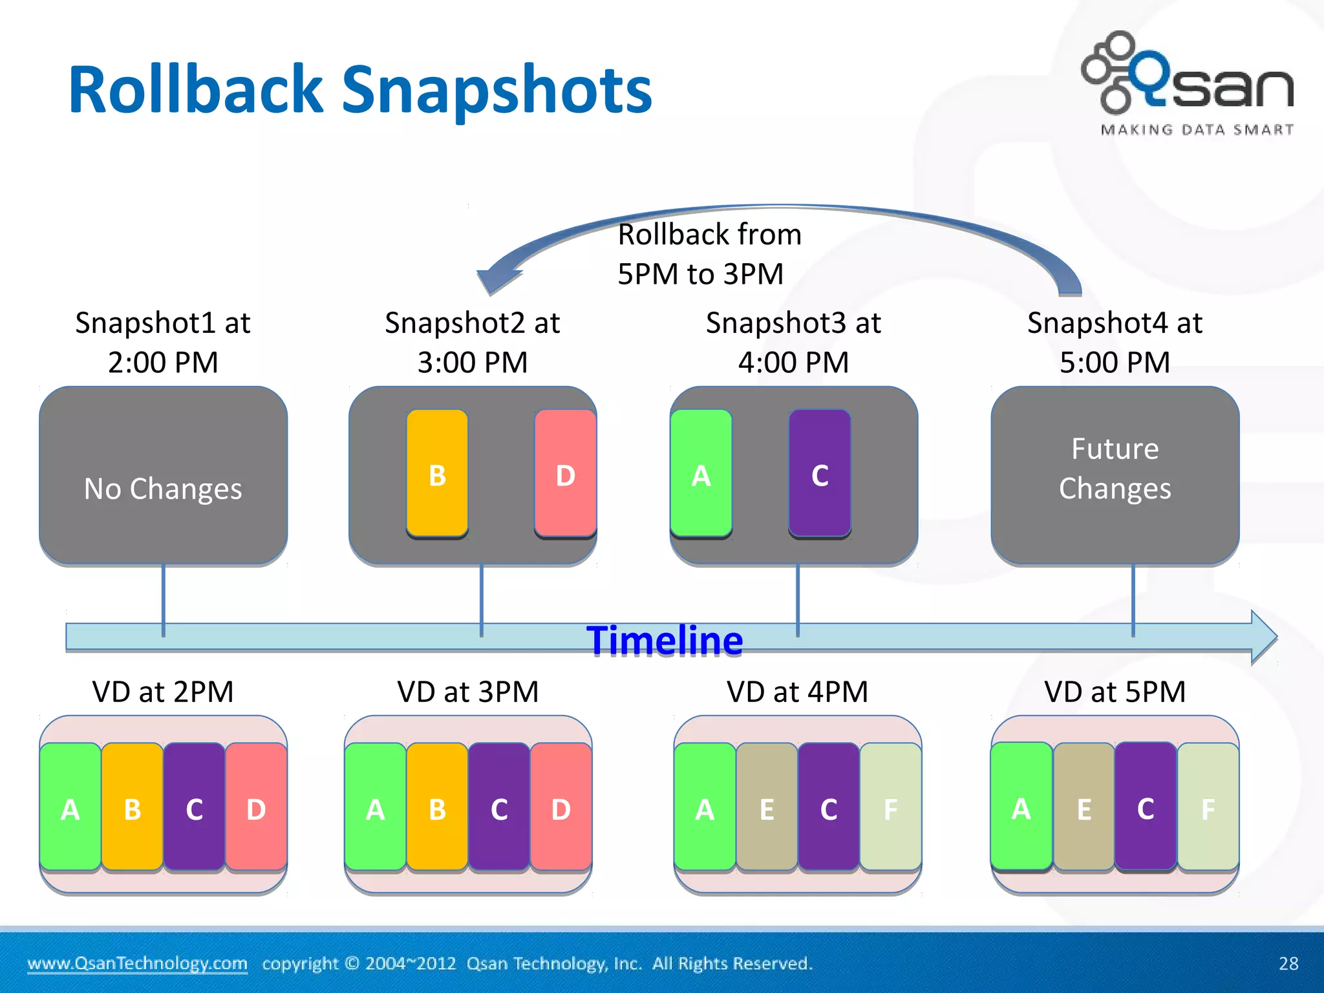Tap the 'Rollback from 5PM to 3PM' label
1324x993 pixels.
pyautogui.click(x=709, y=254)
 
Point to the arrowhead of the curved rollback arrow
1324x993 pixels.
pyautogui.click(x=496, y=278)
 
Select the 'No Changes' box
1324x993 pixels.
pyautogui.click(x=163, y=476)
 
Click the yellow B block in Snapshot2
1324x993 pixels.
pyautogui.click(x=437, y=474)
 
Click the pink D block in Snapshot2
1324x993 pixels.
pyautogui.click(x=564, y=474)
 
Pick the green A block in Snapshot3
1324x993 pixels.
pyautogui.click(x=701, y=474)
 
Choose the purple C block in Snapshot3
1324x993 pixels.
pyautogui.click(x=820, y=474)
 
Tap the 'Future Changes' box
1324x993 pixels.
pyautogui.click(x=1115, y=476)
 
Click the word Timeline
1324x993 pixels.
pyautogui.click(x=665, y=641)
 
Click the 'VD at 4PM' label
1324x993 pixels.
pyautogui.click(x=797, y=692)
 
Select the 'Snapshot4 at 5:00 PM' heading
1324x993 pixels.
pyautogui.click(x=1115, y=342)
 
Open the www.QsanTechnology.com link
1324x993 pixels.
pyautogui.click(x=137, y=963)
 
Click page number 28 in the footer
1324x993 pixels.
pyautogui.click(x=1288, y=963)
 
